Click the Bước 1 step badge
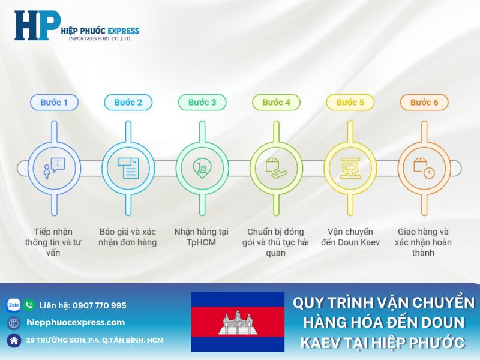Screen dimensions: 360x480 (x=54, y=102)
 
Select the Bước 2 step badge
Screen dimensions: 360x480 (x=128, y=102)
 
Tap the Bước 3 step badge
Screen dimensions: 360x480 (x=202, y=102)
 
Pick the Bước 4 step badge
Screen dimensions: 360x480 (x=276, y=102)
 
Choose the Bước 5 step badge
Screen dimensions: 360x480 (x=350, y=102)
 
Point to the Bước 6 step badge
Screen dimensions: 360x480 (x=424, y=102)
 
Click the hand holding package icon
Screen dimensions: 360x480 (x=276, y=168)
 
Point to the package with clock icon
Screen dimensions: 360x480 (x=424, y=168)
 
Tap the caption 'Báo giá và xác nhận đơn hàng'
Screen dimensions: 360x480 (x=128, y=237)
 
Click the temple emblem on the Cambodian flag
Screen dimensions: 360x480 (x=238, y=322)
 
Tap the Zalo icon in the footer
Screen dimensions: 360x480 (x=13, y=305)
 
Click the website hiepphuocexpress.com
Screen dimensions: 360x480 (x=76, y=323)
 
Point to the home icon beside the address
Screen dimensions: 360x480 (x=13, y=340)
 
